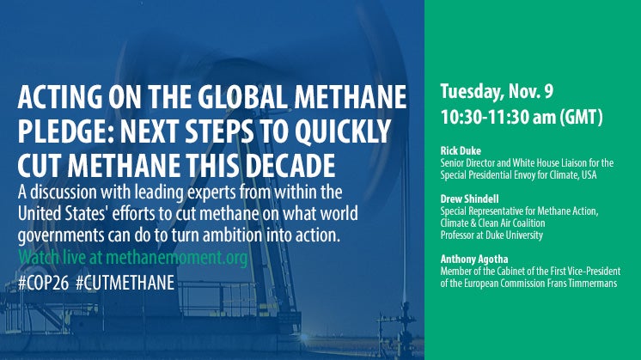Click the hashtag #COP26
tap(43, 283)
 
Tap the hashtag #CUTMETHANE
tap(125, 283)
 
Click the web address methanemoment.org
tap(177, 258)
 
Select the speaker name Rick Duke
tap(461, 150)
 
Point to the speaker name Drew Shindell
tap(469, 199)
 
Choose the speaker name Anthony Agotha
tap(474, 259)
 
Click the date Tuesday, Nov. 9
tap(497, 92)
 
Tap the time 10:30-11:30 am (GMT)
tap(522, 117)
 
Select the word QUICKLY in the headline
tap(342, 131)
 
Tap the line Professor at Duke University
tap(491, 235)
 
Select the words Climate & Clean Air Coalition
tap(492, 223)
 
